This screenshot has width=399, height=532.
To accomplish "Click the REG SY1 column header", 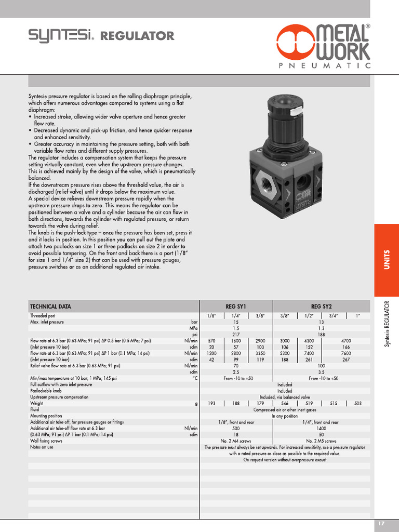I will click(x=236, y=307).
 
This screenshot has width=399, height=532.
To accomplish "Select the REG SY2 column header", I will click(x=321, y=307).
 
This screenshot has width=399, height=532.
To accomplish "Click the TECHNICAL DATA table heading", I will click(x=50, y=307).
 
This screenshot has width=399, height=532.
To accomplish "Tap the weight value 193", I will click(x=211, y=403).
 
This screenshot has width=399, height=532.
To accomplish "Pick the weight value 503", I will click(x=358, y=403).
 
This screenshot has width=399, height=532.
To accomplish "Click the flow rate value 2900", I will click(x=260, y=341).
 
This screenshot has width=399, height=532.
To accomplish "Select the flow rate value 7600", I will click(x=345, y=353).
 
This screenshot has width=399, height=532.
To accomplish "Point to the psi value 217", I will click(x=236, y=335).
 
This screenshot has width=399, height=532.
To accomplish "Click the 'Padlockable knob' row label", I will click(x=46, y=391).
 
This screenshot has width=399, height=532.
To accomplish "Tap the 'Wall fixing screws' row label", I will click(x=46, y=441).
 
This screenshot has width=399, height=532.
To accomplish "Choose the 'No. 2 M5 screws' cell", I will click(x=321, y=441).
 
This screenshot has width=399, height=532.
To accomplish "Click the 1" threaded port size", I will click(x=358, y=315).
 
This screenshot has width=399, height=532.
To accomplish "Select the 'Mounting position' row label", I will click(x=46, y=416).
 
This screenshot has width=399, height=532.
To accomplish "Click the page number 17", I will click(x=381, y=524).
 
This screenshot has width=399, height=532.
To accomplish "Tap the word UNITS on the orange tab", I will click(x=387, y=260).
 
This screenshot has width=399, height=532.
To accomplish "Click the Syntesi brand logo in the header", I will click(x=61, y=36).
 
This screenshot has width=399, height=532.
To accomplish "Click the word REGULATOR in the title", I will click(x=137, y=36).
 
